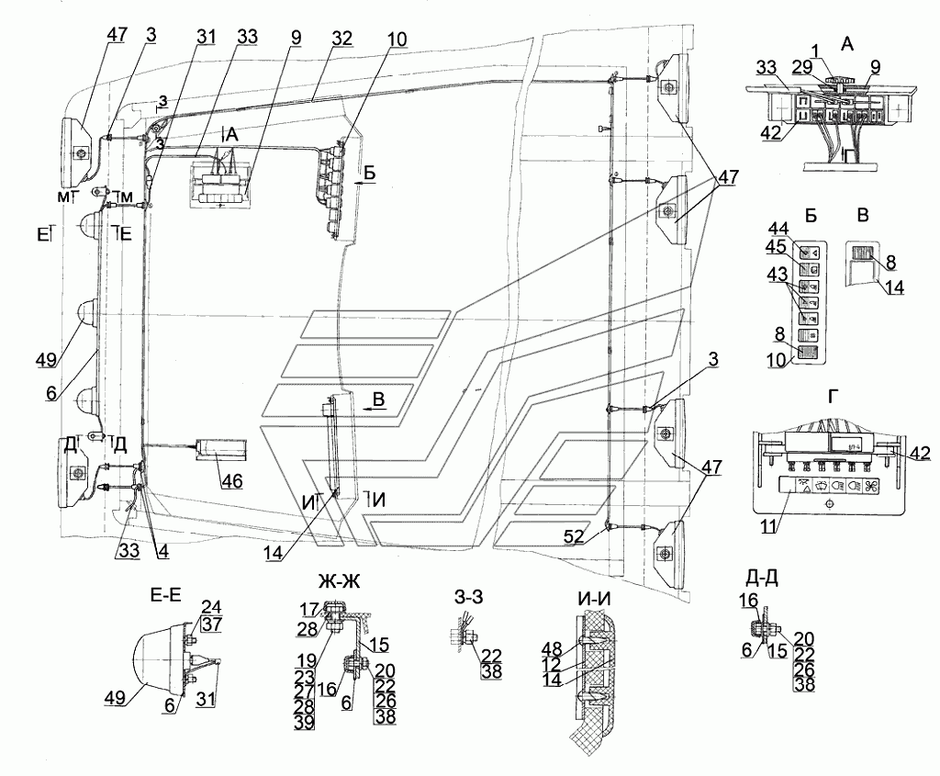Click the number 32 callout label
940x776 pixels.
pos(316,39)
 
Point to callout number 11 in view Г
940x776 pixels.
pos(763,528)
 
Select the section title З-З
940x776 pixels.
pos(465,596)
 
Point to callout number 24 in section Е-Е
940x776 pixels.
pos(213,606)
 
